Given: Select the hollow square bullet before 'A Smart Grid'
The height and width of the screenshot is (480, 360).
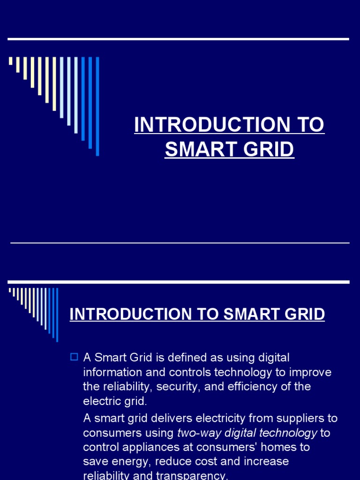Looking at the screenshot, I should (x=74, y=357).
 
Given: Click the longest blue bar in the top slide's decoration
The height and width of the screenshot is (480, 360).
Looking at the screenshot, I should (x=97, y=106).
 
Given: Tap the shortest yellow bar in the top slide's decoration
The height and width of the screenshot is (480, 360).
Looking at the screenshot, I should (x=10, y=61).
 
